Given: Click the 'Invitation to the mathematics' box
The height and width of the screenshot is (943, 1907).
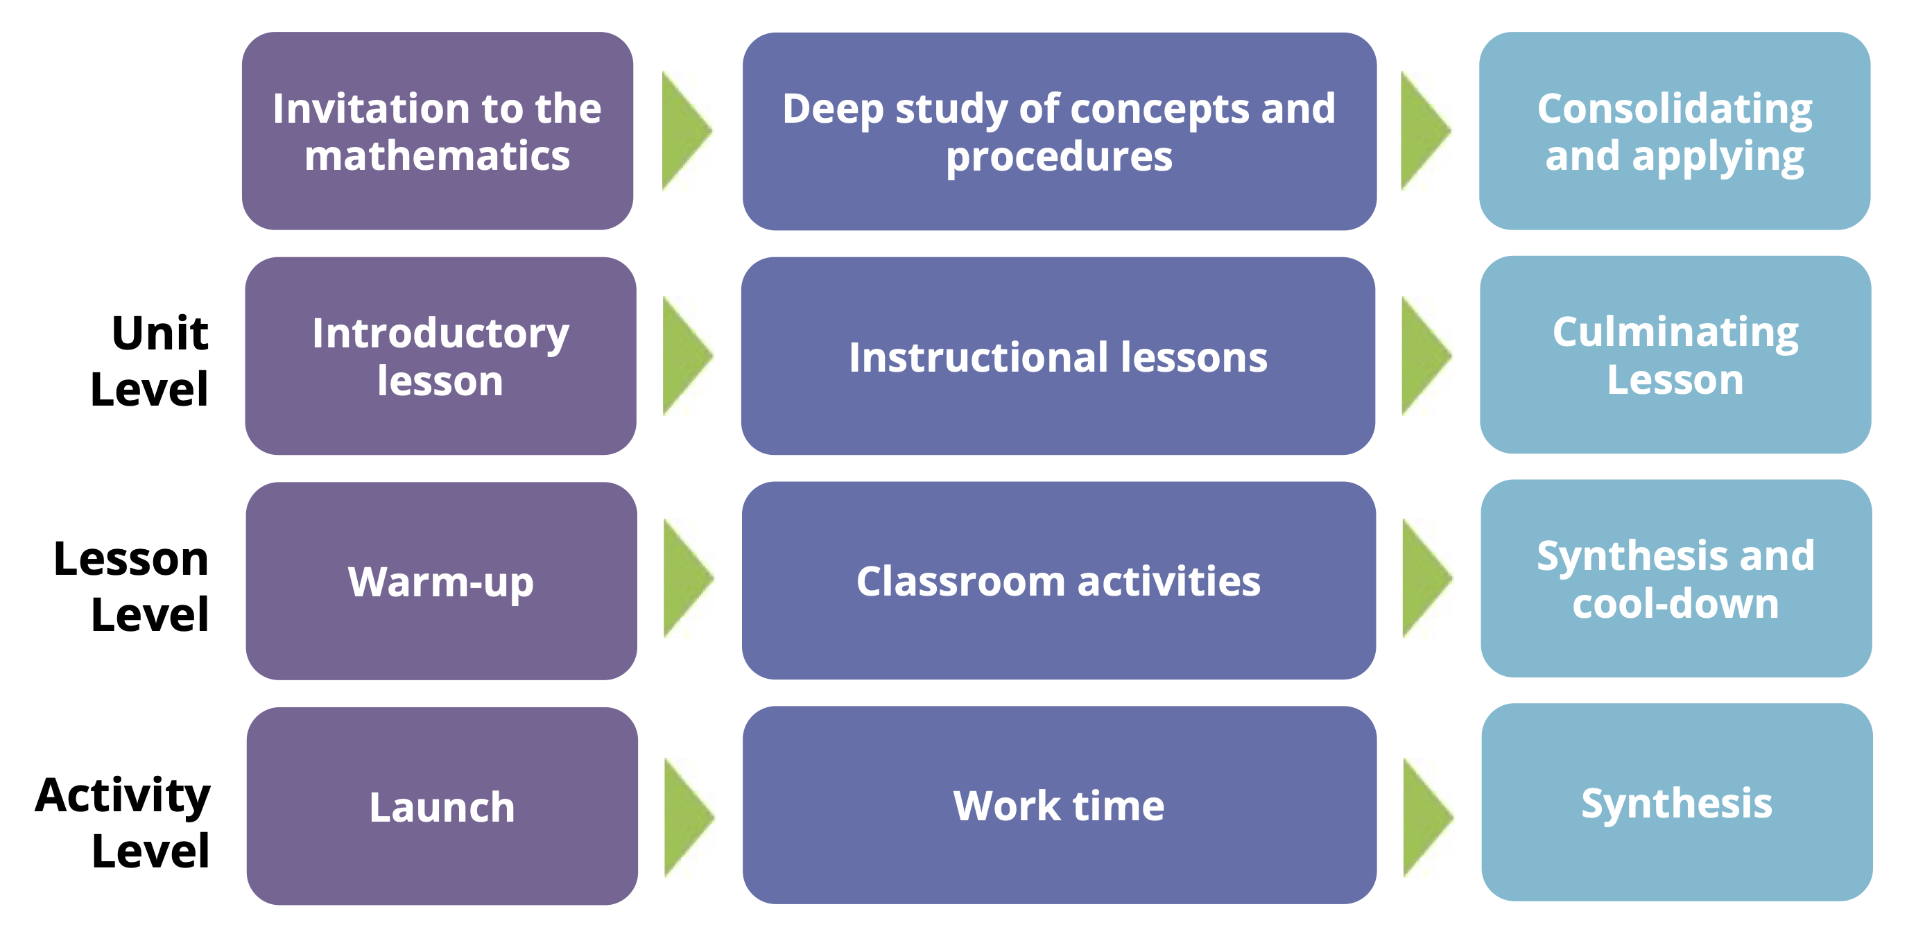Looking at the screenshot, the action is tap(438, 131).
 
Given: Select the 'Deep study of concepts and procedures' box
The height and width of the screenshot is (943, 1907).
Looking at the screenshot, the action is tap(1060, 131).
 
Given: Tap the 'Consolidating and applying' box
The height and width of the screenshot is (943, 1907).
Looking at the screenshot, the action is tap(1675, 131).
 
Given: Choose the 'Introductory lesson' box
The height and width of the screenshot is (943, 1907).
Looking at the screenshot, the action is tap(440, 356).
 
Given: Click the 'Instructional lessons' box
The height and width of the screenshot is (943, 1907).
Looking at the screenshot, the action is tap(1058, 356).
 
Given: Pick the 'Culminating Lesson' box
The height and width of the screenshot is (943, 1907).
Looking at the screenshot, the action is tap(1675, 354).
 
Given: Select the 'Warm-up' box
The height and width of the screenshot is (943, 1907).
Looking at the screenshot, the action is tap(441, 581).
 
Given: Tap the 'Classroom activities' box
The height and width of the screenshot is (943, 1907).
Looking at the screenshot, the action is tap(1059, 580).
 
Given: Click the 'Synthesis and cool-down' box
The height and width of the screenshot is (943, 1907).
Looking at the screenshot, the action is tap(1676, 578).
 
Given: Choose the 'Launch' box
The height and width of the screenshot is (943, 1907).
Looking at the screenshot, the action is tap(442, 806).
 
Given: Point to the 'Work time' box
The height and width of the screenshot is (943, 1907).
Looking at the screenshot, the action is tap(1060, 804).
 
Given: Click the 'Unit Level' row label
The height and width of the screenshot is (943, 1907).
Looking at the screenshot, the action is tap(150, 361).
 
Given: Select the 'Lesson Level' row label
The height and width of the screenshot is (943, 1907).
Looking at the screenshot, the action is tap(131, 585).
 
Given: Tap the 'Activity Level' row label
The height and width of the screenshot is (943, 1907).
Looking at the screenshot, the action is tap(123, 821).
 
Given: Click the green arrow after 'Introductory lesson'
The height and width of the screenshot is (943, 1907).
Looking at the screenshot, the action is tap(688, 356).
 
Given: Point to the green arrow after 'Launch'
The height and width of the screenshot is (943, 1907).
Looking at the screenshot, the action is tap(689, 818).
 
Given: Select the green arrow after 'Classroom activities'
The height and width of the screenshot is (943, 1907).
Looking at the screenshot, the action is tap(1427, 578).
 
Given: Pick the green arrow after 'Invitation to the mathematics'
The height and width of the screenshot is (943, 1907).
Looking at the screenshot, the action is tap(687, 131).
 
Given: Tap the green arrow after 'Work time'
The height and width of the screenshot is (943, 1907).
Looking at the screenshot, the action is tap(1428, 818).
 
